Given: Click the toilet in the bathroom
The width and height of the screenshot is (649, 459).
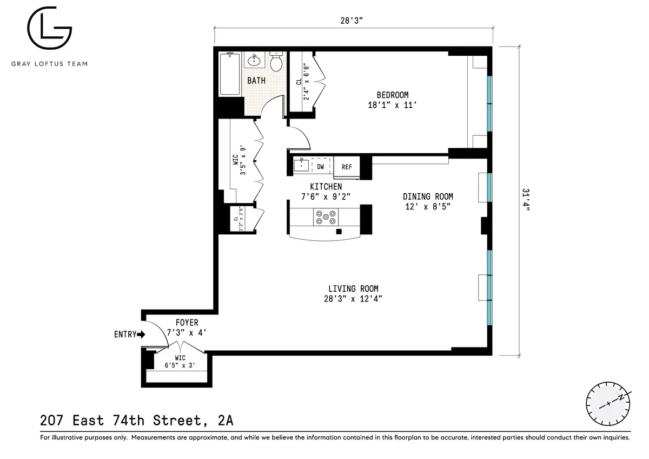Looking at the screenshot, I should tap(276, 62).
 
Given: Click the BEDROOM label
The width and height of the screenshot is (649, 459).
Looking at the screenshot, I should tap(392, 95).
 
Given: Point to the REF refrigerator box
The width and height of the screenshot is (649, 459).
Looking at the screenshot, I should tap(347, 167).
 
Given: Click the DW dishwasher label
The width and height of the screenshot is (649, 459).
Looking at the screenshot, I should tap(321, 167).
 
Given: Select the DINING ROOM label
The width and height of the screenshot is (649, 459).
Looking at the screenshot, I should tap(428, 196).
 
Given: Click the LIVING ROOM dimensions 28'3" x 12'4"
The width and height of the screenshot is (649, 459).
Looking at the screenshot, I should tap(353, 299).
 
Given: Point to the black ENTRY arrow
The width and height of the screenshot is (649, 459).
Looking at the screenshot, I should tap(142, 335).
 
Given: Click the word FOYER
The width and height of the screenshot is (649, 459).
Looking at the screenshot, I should tap(187, 323).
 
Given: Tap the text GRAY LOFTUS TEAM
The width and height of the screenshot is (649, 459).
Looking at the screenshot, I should tap(49, 63).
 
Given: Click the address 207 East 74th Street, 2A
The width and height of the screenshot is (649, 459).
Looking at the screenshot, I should tap(137, 419).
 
